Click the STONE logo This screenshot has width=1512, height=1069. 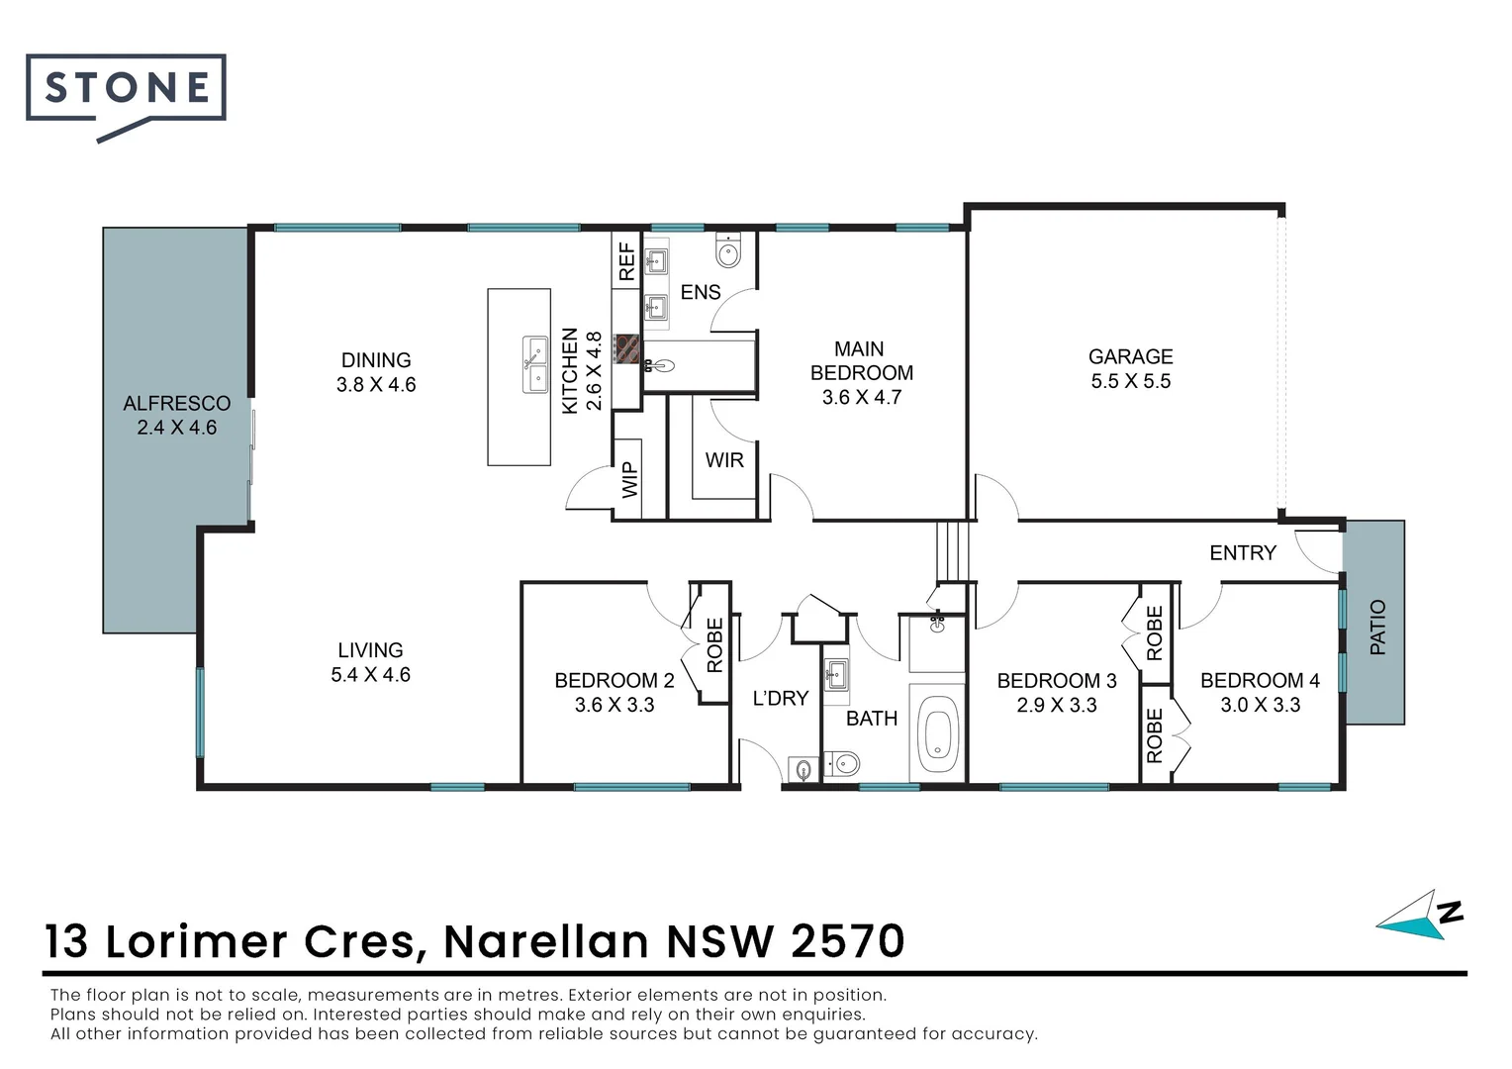(x=126, y=90)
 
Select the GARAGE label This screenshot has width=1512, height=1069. (x=1130, y=356)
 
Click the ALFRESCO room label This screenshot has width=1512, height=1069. (x=176, y=404)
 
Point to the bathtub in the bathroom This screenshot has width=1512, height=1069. (x=935, y=737)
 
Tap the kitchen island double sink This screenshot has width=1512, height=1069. (x=535, y=364)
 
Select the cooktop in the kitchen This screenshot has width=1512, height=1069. (x=626, y=348)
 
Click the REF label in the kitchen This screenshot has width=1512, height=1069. (x=626, y=262)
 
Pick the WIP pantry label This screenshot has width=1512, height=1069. (x=628, y=481)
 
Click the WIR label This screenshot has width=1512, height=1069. (x=724, y=460)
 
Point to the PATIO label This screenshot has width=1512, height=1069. (x=1377, y=628)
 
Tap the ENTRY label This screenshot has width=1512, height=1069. (x=1243, y=553)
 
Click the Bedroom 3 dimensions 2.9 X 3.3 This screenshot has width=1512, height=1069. (x=1057, y=706)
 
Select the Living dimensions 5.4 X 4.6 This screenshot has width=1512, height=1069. (x=370, y=675)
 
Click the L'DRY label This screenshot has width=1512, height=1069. (x=780, y=699)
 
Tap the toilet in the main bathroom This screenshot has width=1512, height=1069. (x=844, y=763)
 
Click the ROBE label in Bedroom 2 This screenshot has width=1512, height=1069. (x=714, y=645)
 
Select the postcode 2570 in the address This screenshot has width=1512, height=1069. (x=848, y=941)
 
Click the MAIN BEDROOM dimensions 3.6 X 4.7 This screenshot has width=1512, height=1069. (x=861, y=398)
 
